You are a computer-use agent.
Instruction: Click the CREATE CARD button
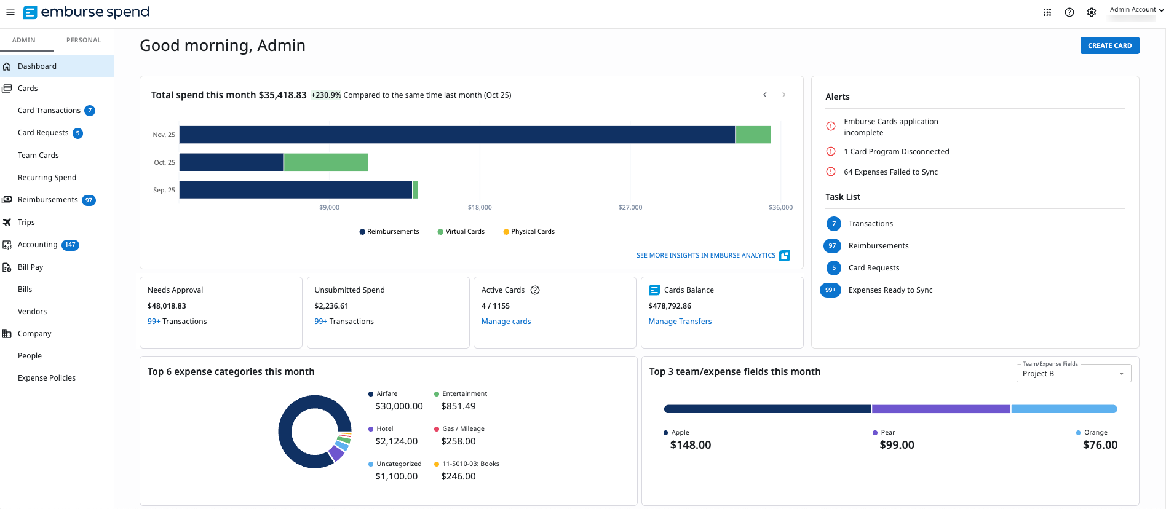[1109, 45]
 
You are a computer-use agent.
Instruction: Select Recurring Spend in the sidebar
[47, 178]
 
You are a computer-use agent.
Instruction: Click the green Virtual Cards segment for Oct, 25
[326, 162]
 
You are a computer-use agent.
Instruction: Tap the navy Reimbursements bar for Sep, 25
[295, 190]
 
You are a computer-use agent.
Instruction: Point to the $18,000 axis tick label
[480, 207]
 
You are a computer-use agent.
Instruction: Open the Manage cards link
[506, 322]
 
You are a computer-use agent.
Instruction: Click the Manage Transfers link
[680, 322]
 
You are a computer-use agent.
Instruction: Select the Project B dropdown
[1073, 373]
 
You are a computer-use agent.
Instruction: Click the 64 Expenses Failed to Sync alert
[890, 172]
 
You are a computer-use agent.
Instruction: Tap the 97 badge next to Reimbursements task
[832, 246]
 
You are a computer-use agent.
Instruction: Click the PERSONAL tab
[84, 40]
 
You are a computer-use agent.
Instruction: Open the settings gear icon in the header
[1092, 12]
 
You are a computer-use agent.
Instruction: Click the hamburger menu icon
[10, 12]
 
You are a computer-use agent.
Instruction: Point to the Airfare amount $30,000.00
[399, 406]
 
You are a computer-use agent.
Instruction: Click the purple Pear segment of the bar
[941, 409]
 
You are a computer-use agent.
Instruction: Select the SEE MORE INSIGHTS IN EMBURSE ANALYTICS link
[705, 256]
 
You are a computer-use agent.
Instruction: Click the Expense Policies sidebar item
[47, 378]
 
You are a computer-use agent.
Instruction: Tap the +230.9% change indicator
[326, 95]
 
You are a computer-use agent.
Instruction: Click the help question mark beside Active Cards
[535, 290]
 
